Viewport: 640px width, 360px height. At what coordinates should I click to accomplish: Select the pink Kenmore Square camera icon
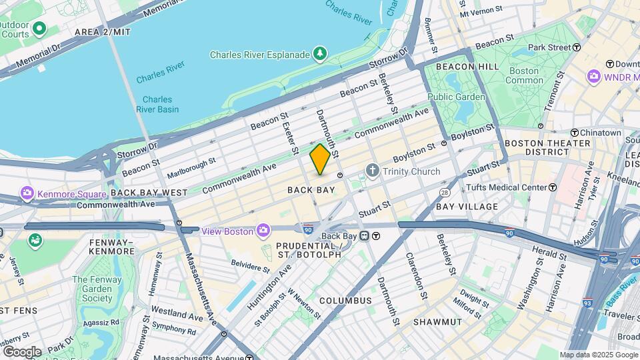point(27,194)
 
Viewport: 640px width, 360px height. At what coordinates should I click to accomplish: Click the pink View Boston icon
point(264,231)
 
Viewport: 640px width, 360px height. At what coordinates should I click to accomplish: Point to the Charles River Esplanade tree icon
point(321,54)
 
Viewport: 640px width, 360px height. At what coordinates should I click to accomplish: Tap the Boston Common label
point(524,75)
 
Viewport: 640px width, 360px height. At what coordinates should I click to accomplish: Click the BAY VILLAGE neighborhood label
point(467,207)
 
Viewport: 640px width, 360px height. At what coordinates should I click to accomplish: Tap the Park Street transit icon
point(577,47)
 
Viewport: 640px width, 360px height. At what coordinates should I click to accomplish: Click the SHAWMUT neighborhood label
point(437,322)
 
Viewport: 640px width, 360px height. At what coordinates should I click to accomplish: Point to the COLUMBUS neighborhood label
point(345,301)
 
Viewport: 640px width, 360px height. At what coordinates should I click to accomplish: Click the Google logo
point(21,351)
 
